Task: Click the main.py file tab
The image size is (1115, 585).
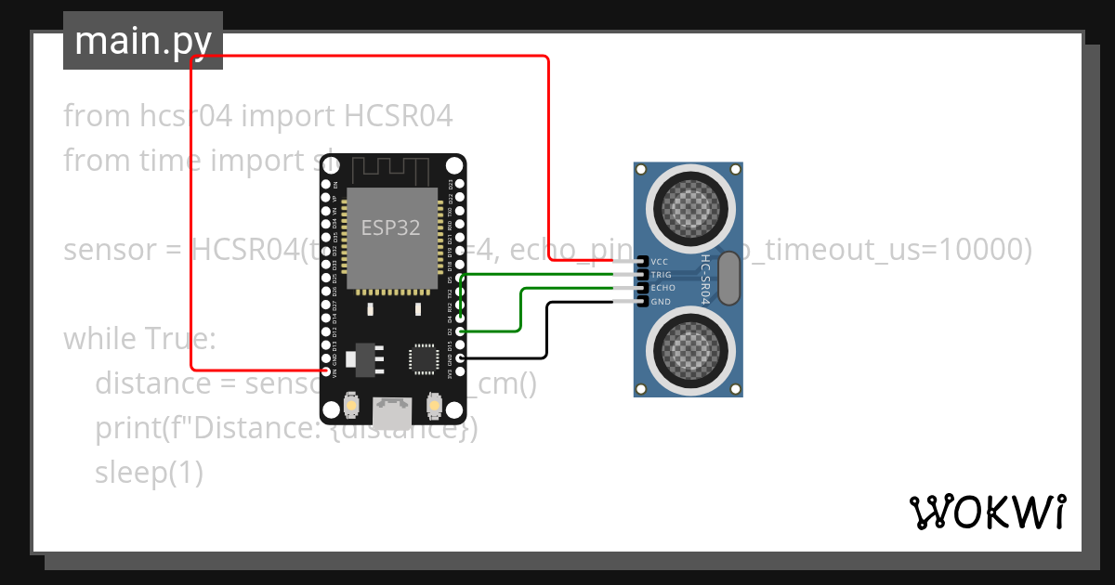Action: tap(142, 41)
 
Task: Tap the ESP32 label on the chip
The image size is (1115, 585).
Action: tap(390, 227)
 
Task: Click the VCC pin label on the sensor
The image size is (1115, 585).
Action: tap(661, 262)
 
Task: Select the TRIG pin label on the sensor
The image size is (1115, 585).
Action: tap(662, 275)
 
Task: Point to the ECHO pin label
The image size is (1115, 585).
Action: tap(662, 288)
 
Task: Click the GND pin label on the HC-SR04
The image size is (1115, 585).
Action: tap(661, 302)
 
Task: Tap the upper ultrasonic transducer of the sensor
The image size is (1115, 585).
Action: tap(689, 204)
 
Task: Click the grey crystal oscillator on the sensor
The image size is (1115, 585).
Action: tap(730, 278)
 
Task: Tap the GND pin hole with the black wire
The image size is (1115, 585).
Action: tap(460, 358)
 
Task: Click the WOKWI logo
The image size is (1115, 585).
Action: tap(987, 512)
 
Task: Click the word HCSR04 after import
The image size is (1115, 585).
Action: tap(399, 116)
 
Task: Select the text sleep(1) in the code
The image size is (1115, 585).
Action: tap(149, 473)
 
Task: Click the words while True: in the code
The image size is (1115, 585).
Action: tap(139, 339)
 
